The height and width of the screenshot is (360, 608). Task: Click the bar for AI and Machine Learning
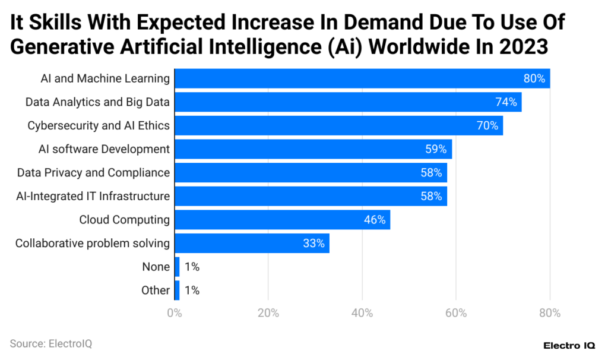pyautogui.click(x=362, y=78)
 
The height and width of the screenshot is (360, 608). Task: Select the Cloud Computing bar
pyautogui.click(x=282, y=220)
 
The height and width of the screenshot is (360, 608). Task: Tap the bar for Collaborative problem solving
pyautogui.click(x=252, y=244)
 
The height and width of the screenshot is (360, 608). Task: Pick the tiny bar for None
pyautogui.click(x=177, y=267)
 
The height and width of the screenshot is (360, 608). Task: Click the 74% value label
pyautogui.click(x=506, y=102)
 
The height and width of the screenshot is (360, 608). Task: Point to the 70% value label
pyautogui.click(x=487, y=125)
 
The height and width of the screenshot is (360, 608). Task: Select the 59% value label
pyautogui.click(x=436, y=149)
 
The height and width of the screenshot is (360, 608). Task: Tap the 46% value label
pyautogui.click(x=375, y=220)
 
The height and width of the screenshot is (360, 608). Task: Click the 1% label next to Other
pyautogui.click(x=192, y=290)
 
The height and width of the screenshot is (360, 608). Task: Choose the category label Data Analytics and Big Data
pyautogui.click(x=97, y=102)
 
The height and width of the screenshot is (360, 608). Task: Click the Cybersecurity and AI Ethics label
pyautogui.click(x=99, y=125)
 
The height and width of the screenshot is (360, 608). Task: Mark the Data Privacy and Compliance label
pyautogui.click(x=93, y=173)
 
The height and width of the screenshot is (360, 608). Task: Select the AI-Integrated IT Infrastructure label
pyautogui.click(x=93, y=196)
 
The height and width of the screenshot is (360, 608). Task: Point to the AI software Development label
pyautogui.click(x=104, y=149)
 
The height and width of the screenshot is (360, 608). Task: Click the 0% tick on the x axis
pyautogui.click(x=175, y=313)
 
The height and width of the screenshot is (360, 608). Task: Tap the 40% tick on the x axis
pyautogui.click(x=362, y=313)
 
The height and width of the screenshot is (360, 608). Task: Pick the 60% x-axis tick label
pyautogui.click(x=456, y=313)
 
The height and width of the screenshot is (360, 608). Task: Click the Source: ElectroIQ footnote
pyautogui.click(x=51, y=343)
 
